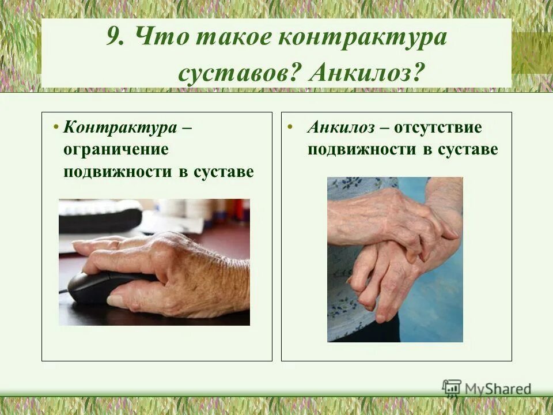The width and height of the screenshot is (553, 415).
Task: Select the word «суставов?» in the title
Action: [x=239, y=73]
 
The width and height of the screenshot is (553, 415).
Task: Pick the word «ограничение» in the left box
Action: [x=116, y=149]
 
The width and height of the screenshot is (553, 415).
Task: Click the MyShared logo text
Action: [x=498, y=388]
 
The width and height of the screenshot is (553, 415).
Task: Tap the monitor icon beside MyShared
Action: [x=452, y=389]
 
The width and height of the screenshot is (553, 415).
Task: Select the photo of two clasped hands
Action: [x=395, y=259]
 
